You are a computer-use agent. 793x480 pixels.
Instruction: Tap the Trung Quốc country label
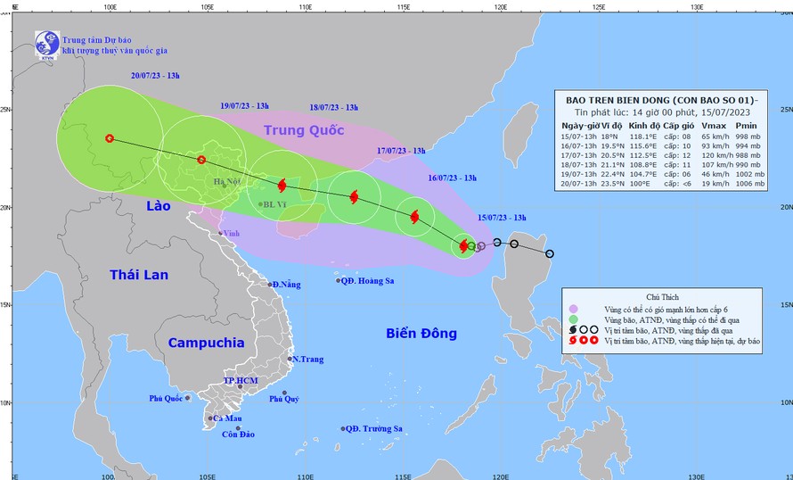(x=303, y=130)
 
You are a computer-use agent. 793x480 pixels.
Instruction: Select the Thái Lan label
(x=139, y=275)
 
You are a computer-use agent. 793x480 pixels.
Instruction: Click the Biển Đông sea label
(x=421, y=334)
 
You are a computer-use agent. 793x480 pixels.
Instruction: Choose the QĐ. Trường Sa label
(x=374, y=429)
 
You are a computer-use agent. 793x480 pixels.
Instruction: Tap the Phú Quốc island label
(x=166, y=399)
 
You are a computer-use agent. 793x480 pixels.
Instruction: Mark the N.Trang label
(x=307, y=360)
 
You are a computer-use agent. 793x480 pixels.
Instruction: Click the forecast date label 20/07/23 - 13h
(x=155, y=77)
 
